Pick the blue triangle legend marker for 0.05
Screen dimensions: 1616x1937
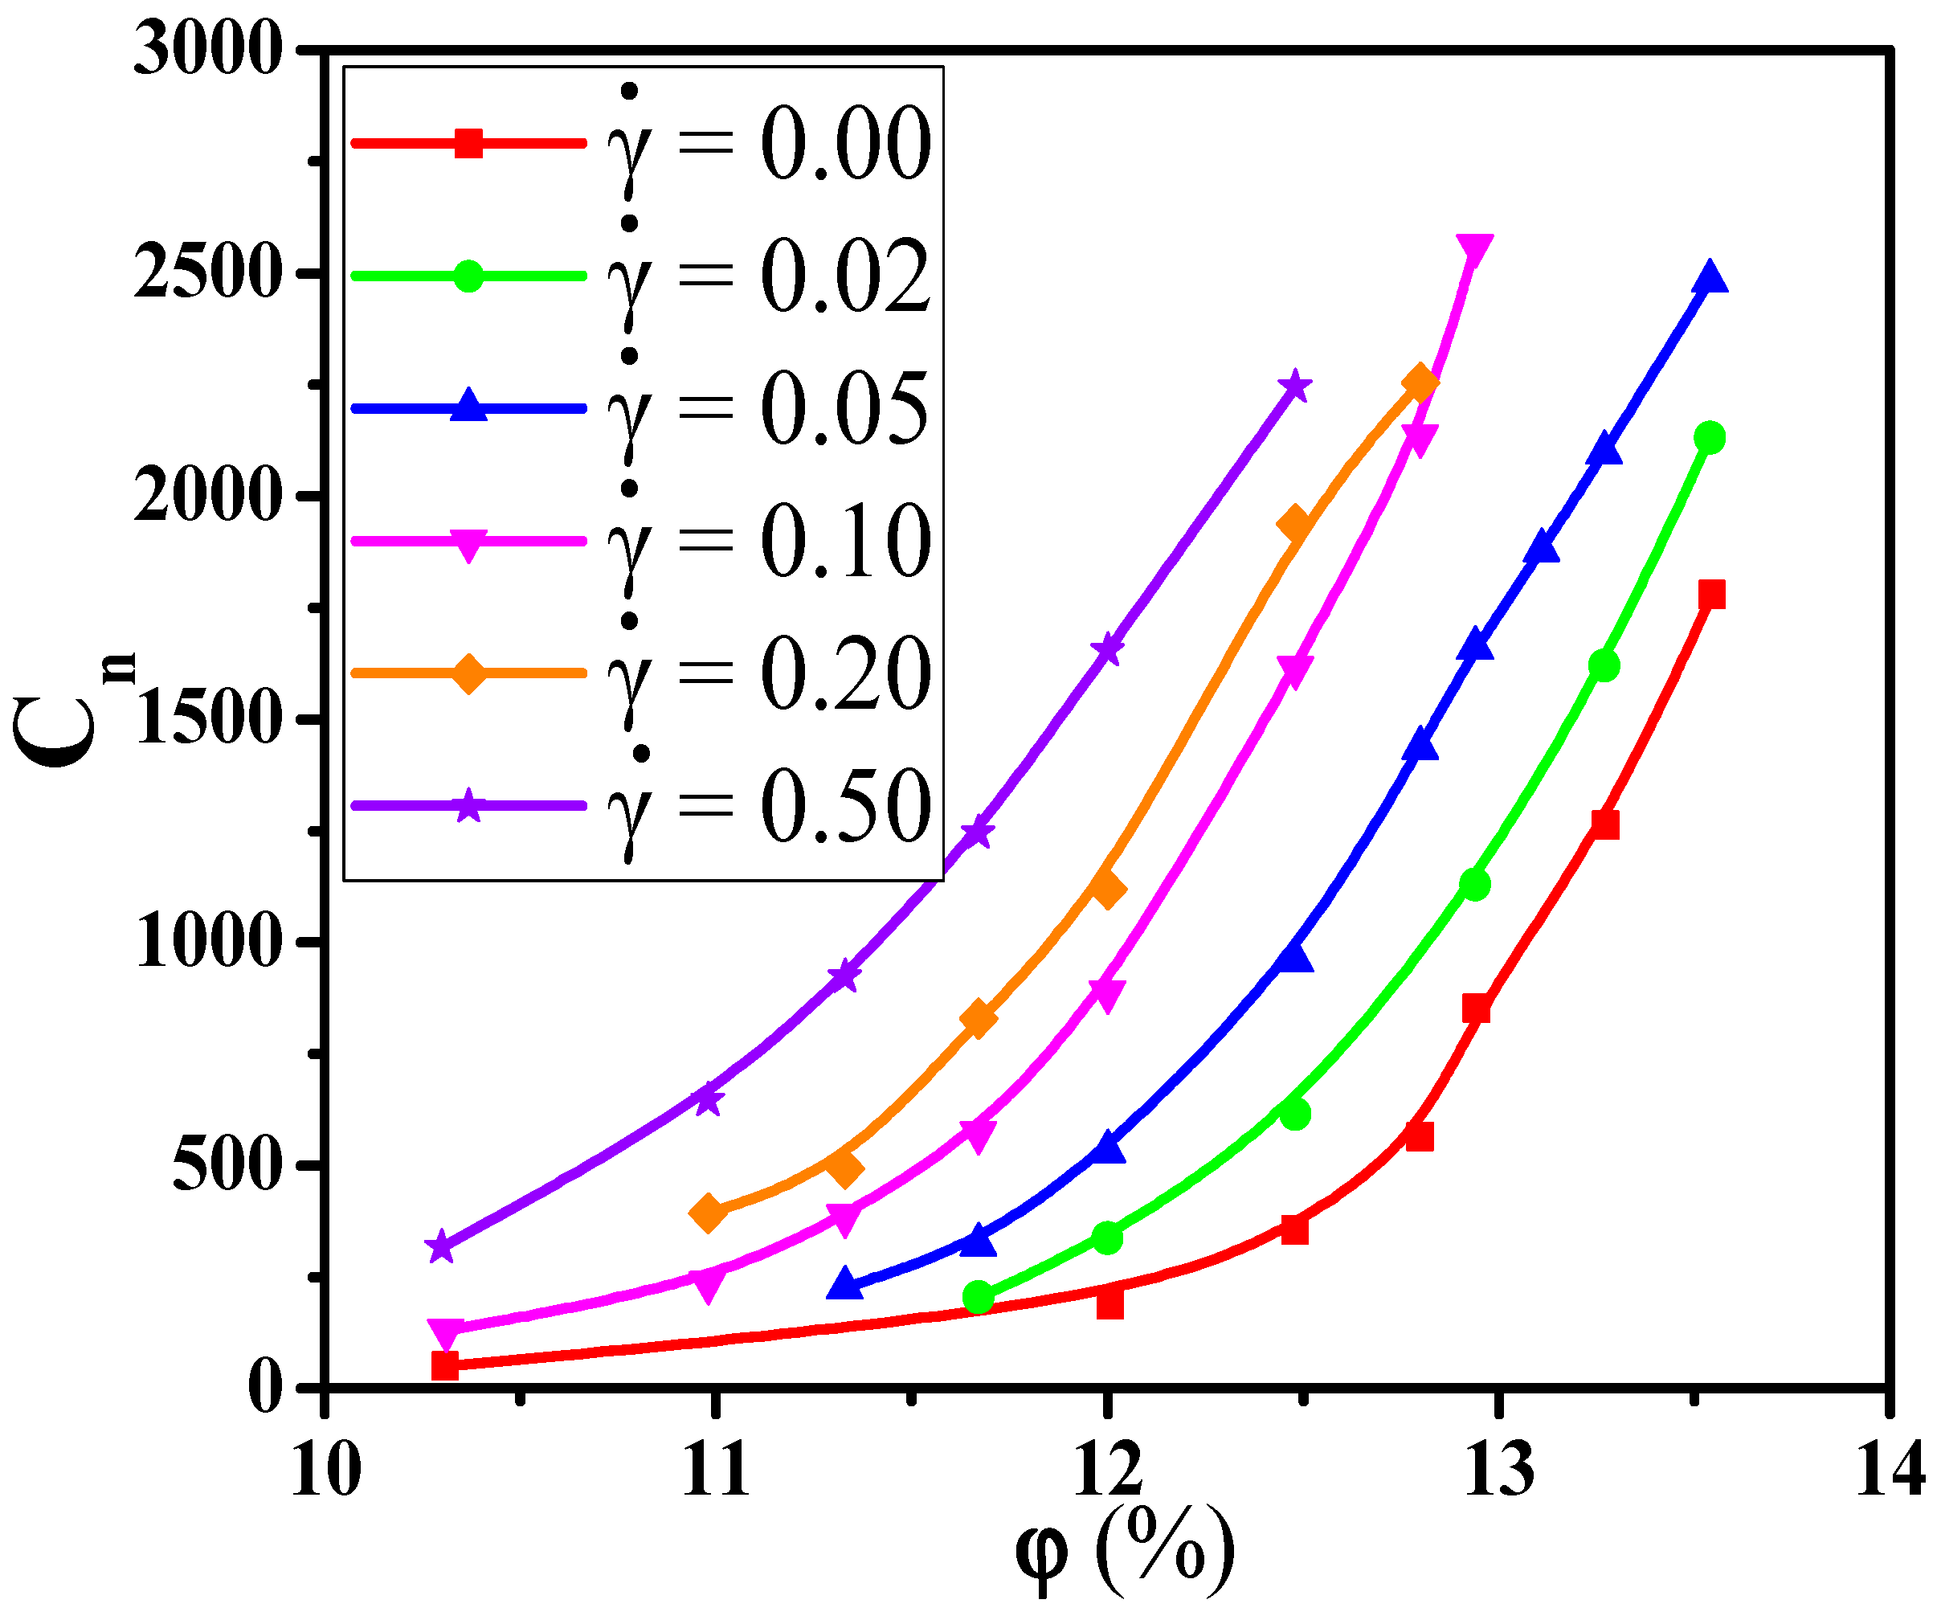pyautogui.click(x=468, y=407)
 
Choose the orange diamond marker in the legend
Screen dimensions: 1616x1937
pyautogui.click(x=468, y=673)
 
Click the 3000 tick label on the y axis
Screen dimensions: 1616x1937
pyautogui.click(x=206, y=50)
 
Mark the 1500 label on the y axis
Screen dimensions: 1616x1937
pyautogui.click(x=206, y=719)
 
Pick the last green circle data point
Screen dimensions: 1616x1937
pyautogui.click(x=1710, y=438)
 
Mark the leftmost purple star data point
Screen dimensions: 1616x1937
pyautogui.click(x=442, y=1247)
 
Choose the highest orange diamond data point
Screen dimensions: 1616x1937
pyautogui.click(x=1420, y=382)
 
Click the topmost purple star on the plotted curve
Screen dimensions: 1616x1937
pyautogui.click(x=1295, y=386)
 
